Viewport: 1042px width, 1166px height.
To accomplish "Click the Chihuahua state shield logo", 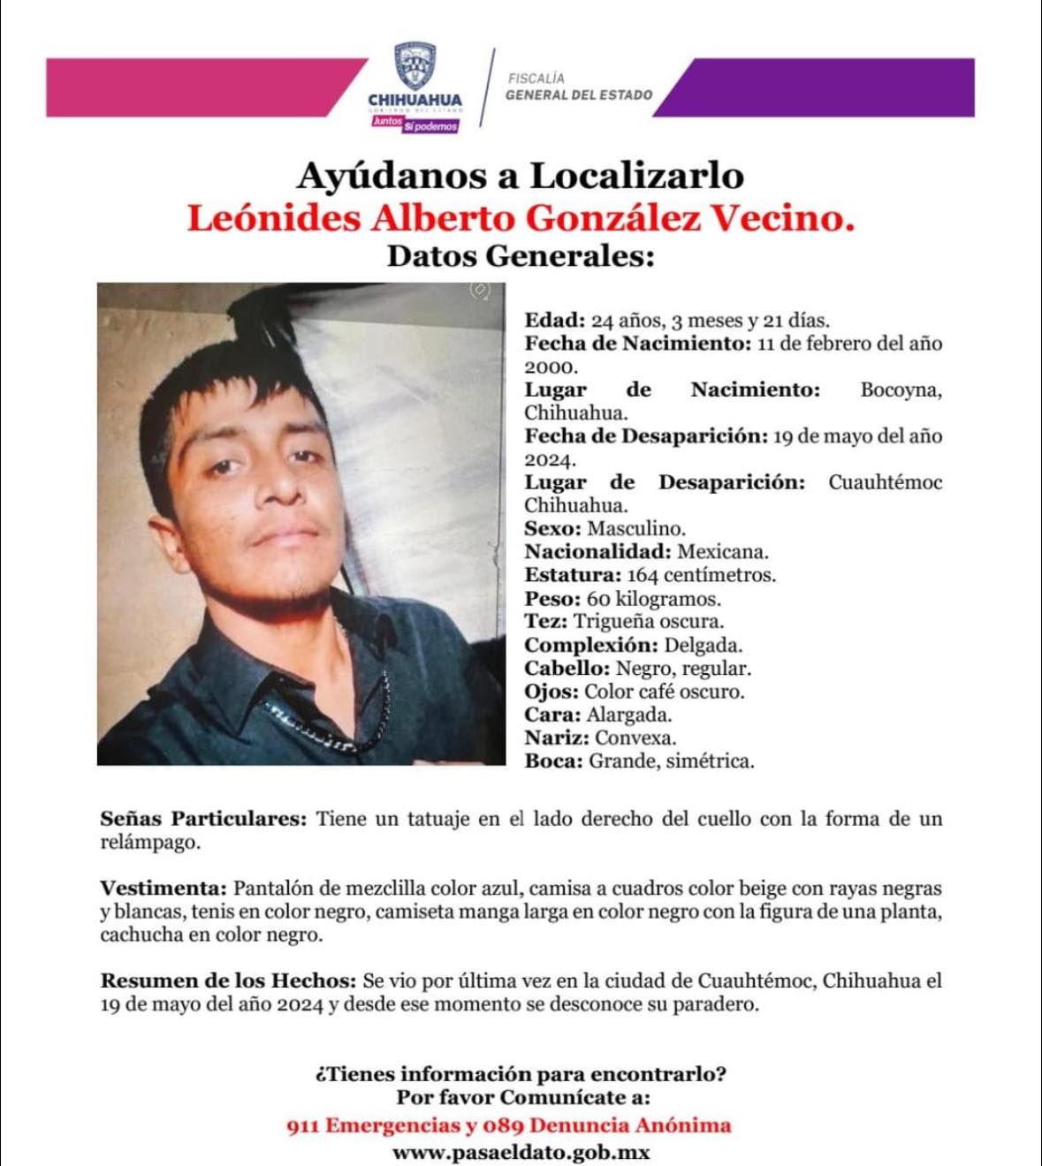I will point(415,67).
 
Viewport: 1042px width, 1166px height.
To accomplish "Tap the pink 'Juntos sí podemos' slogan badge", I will point(415,125).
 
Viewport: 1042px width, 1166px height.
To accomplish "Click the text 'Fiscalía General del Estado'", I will point(579,87).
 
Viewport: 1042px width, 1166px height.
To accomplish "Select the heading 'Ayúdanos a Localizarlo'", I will point(520,176).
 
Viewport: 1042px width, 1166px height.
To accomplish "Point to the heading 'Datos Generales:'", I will point(520,256).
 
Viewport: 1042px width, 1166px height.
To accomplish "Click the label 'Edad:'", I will point(554,321).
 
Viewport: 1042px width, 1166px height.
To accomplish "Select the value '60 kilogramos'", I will point(653,599).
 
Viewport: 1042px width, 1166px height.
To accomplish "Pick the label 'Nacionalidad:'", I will point(597,552).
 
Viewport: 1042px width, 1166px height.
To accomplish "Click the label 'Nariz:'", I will point(556,738).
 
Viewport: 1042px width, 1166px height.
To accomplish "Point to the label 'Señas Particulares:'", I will point(203,819).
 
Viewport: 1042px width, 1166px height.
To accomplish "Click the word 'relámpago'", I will point(149,843).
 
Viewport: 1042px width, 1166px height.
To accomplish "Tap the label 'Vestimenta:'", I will point(164,889).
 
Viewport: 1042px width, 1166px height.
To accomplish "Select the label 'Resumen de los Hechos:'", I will point(228,980).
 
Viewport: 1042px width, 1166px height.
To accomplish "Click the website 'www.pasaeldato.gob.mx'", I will point(521,1152).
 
